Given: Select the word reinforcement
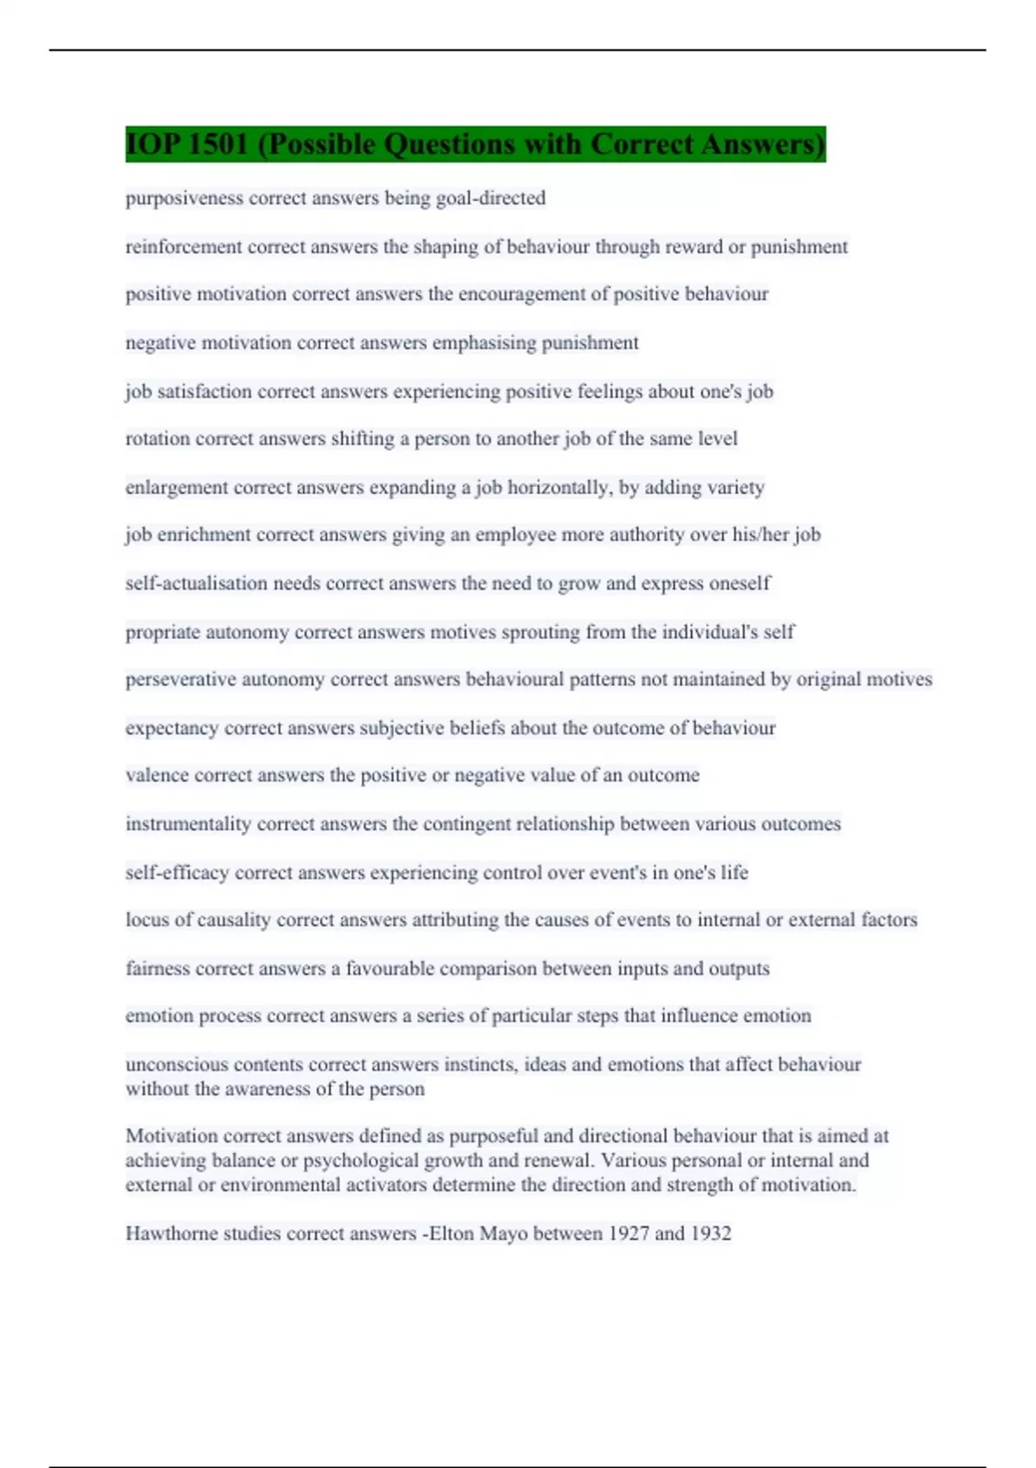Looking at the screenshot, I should [x=184, y=247].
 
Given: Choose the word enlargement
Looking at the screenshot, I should [x=177, y=488].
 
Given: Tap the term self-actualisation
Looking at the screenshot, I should [x=196, y=584].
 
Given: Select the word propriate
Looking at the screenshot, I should [x=163, y=632].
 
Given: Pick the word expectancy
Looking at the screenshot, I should [x=172, y=729].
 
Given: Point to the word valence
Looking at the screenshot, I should [x=157, y=775].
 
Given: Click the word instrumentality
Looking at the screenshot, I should [x=188, y=824].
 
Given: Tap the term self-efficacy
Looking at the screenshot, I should [x=177, y=873].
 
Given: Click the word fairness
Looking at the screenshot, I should [x=157, y=969].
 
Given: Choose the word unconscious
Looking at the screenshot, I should [x=177, y=1065].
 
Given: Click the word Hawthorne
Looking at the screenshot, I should [x=172, y=1234].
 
